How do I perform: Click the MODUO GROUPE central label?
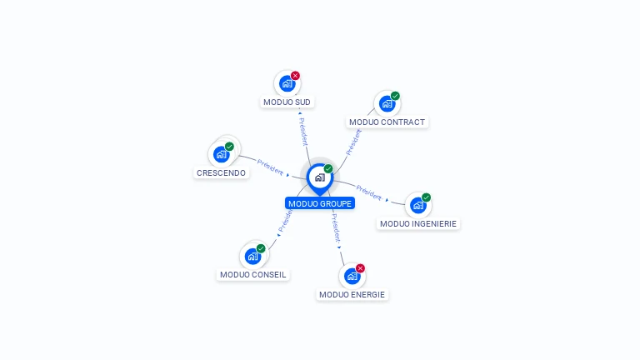click(x=320, y=203)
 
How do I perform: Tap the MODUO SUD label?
click(x=287, y=102)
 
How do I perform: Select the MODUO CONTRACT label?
click(x=387, y=122)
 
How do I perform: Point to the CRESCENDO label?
click(x=221, y=173)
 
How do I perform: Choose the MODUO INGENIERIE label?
click(x=418, y=223)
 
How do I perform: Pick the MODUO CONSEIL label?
click(x=252, y=274)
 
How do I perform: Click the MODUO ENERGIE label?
click(x=352, y=294)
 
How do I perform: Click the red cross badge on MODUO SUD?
click(x=295, y=76)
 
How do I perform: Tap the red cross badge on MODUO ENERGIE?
click(x=360, y=268)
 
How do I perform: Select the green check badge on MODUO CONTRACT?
click(x=395, y=96)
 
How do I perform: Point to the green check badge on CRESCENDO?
click(x=229, y=147)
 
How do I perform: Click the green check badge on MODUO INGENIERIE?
click(x=426, y=197)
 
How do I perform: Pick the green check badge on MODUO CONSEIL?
click(x=261, y=248)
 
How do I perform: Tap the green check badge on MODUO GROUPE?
click(x=328, y=169)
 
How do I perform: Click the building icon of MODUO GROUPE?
click(x=319, y=177)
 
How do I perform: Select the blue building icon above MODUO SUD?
click(x=287, y=83)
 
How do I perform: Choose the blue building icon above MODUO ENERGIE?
click(x=352, y=276)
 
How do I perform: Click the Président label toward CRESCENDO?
click(x=270, y=166)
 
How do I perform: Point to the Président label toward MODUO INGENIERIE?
click(x=369, y=192)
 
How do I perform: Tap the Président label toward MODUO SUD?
click(x=303, y=131)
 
